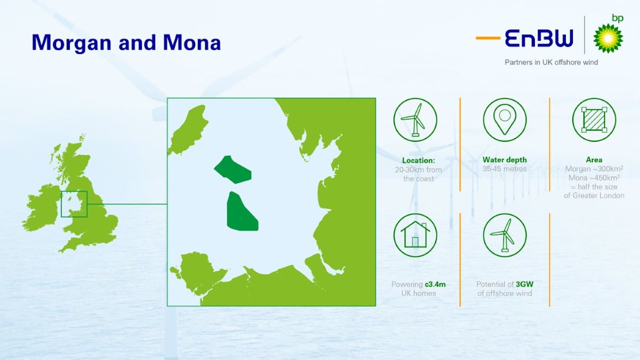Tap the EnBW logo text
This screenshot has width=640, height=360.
tap(539, 38)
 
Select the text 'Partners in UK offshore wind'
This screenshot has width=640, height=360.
tap(551, 62)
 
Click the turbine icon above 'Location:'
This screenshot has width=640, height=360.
tap(415, 119)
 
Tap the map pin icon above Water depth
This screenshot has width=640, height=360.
tap(505, 119)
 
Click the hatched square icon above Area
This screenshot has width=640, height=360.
tap(594, 119)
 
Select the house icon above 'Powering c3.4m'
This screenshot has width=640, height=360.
tap(415, 235)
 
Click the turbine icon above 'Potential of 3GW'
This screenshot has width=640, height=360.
tap(505, 235)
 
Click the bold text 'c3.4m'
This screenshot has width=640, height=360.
tap(434, 284)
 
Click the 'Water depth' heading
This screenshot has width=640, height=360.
tap(505, 159)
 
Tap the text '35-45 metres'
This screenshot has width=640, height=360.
tap(505, 169)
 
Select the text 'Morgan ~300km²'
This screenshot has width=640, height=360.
tap(594, 169)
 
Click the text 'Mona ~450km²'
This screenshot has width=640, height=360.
tap(594, 178)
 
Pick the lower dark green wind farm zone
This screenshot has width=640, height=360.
tap(241, 212)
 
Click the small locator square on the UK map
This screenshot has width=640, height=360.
tap(74, 204)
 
